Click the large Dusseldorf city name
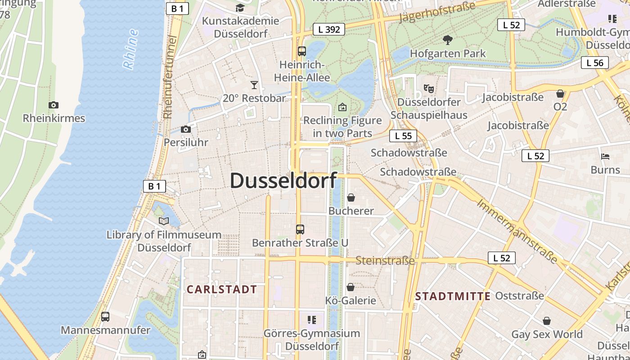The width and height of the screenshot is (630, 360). pyautogui.click(x=283, y=180)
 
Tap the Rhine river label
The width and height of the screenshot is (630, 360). pyautogui.click(x=130, y=49)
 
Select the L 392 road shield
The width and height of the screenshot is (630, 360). pyautogui.click(x=328, y=30)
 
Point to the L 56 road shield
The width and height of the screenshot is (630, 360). pyautogui.click(x=594, y=63)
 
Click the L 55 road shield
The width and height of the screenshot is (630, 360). pyautogui.click(x=403, y=136)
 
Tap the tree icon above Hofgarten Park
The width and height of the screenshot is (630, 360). pyautogui.click(x=447, y=40)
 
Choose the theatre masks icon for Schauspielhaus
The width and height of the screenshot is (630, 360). pyautogui.click(x=428, y=89)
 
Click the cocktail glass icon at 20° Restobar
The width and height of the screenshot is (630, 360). pyautogui.click(x=254, y=85)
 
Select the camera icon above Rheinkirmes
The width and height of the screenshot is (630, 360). pyautogui.click(x=54, y=105)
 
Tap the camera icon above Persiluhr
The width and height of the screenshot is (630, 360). pyautogui.click(x=185, y=129)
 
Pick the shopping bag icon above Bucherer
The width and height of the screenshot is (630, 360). pyautogui.click(x=351, y=198)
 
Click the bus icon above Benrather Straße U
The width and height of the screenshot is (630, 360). pyautogui.click(x=300, y=229)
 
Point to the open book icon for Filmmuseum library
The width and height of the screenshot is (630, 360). pyautogui.click(x=164, y=221)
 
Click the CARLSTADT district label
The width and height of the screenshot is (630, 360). pyautogui.click(x=222, y=289)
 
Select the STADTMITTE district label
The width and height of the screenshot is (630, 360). pyautogui.click(x=453, y=296)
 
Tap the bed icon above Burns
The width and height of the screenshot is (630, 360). pyautogui.click(x=605, y=157)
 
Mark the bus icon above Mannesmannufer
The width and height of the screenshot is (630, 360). pyautogui.click(x=105, y=317)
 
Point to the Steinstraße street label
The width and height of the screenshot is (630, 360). pyautogui.click(x=385, y=261)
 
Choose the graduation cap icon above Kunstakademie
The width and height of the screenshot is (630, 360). pyautogui.click(x=240, y=8)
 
